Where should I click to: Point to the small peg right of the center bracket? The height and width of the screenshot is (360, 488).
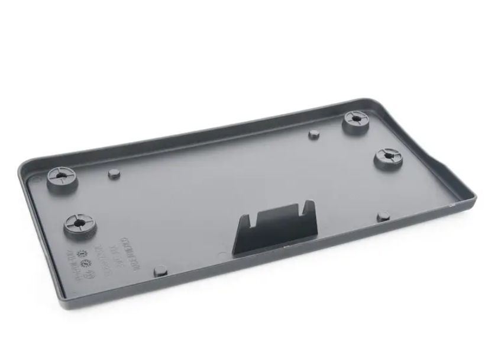pyautogui.click(x=383, y=216)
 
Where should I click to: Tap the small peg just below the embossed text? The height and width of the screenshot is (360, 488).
pyautogui.click(x=160, y=272)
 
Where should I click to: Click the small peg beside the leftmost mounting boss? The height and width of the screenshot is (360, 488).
pyautogui.click(x=114, y=174)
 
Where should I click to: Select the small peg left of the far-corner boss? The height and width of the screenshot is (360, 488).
pyautogui.click(x=314, y=134)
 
